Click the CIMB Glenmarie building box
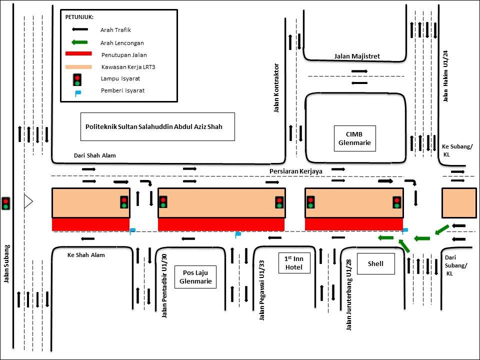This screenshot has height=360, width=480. [x=354, y=138]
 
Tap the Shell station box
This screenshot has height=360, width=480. [x=375, y=263]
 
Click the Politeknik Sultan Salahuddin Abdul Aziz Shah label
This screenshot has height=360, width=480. [x=157, y=126]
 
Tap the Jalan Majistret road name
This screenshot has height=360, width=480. [x=357, y=56]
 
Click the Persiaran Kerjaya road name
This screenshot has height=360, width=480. [x=295, y=171]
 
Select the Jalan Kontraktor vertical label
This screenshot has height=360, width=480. [x=276, y=88]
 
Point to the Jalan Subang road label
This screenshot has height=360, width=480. [x=7, y=263]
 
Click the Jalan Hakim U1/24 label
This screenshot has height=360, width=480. [x=445, y=75]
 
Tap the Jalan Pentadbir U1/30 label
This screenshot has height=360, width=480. [x=164, y=285]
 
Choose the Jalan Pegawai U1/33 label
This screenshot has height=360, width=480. [x=261, y=289]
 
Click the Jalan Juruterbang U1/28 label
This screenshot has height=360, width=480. [x=348, y=294]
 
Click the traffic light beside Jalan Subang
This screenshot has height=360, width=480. [x=6, y=203]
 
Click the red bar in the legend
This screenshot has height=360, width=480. [x=78, y=54]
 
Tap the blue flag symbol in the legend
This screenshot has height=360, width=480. [x=77, y=92]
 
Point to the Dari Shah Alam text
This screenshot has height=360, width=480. [x=94, y=155]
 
